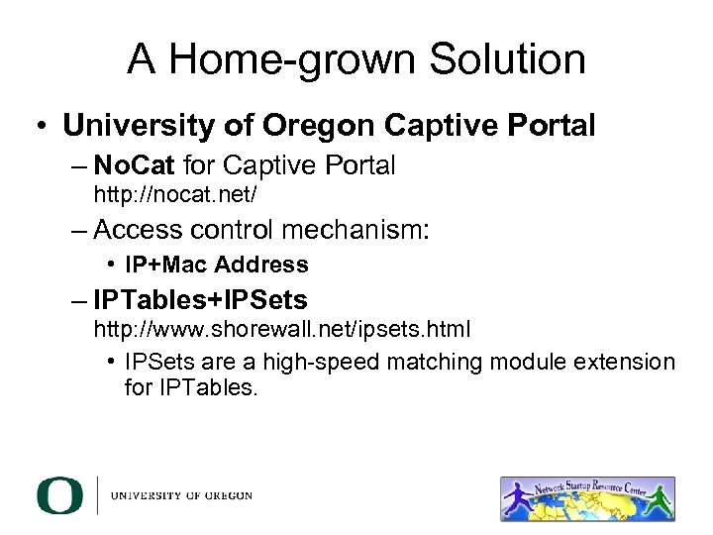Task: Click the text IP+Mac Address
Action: [x=217, y=265]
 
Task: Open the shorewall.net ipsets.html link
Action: [x=281, y=327]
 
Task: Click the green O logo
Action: [x=59, y=494]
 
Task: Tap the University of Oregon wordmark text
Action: [x=181, y=495]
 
